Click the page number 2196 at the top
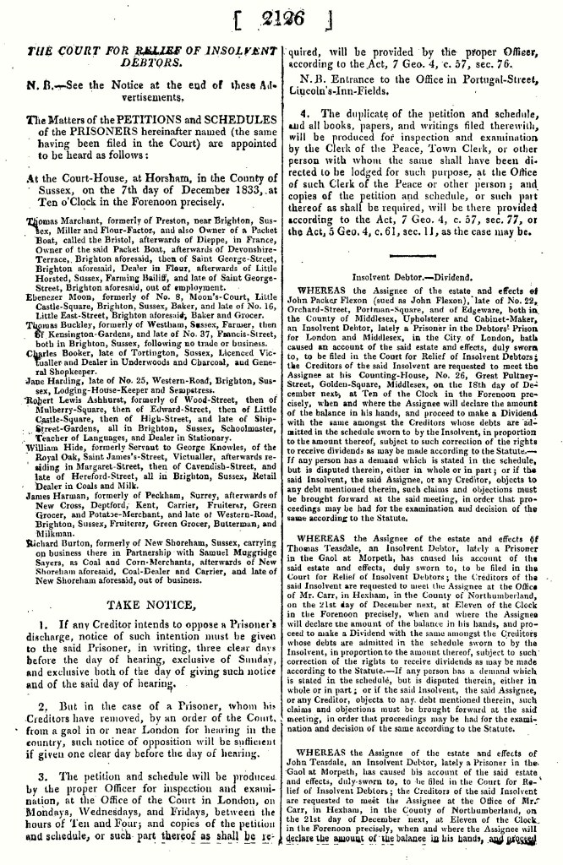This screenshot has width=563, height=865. click(x=281, y=18)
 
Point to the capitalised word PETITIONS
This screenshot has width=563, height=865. click(x=139, y=121)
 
